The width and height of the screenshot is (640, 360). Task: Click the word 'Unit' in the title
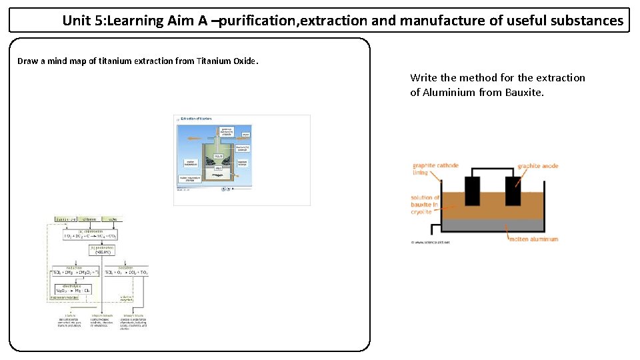tap(76, 21)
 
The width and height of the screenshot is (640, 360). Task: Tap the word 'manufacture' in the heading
tap(442, 21)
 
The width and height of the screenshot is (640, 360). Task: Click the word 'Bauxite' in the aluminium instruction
tap(524, 92)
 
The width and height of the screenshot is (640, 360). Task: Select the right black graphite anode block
tap(513, 191)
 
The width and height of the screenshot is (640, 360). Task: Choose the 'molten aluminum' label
tap(533, 239)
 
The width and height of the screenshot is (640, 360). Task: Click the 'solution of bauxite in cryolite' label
tap(425, 205)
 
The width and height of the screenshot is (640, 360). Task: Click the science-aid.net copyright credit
tap(430, 243)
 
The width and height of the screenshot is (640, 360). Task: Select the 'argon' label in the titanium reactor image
tap(245, 135)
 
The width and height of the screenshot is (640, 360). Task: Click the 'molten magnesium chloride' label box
tap(190, 179)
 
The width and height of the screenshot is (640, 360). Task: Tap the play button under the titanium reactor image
tap(223, 189)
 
